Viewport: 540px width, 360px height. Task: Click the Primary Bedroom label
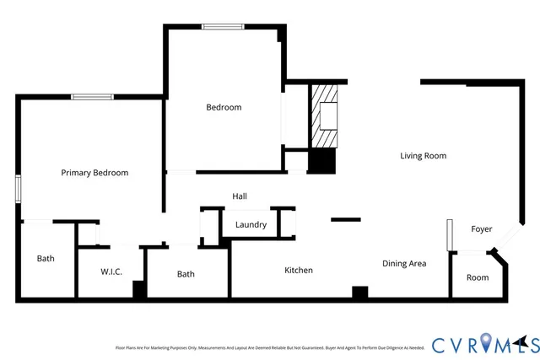(94, 173)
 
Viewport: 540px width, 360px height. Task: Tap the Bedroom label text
(224, 107)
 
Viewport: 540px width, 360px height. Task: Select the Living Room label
(423, 155)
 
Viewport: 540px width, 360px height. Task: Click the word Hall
(240, 196)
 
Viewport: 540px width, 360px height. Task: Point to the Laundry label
(251, 225)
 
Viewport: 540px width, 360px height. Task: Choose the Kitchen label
(299, 270)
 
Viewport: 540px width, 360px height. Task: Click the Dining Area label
(404, 264)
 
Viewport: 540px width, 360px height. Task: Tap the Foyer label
(481, 229)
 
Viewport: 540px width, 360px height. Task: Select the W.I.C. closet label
(112, 271)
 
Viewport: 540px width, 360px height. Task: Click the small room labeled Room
(478, 277)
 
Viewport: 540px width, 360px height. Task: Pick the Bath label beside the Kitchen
(186, 274)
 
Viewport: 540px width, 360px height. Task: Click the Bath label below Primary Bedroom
(46, 258)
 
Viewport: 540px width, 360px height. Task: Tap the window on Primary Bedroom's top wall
(92, 97)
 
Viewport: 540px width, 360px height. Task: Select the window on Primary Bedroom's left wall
(18, 188)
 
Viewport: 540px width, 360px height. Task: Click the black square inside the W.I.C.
(140, 289)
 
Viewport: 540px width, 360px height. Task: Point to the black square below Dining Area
(360, 293)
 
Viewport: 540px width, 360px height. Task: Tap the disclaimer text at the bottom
(269, 347)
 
